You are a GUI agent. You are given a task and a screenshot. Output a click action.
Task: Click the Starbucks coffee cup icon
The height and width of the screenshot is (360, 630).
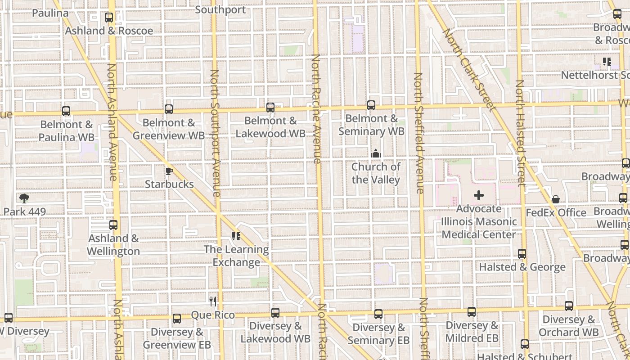coord(169,171)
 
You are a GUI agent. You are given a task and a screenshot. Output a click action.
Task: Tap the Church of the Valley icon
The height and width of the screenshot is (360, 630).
coord(376,154)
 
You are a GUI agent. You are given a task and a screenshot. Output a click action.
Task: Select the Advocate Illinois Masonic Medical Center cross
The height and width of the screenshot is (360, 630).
coord(479,196)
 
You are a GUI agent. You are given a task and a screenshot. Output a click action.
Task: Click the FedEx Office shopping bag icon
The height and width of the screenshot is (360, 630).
coord(556,199)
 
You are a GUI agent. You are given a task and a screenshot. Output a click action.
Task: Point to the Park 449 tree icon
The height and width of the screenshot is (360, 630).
coord(24,198)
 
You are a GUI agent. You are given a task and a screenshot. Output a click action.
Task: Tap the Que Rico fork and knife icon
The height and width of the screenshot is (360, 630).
coord(213,301)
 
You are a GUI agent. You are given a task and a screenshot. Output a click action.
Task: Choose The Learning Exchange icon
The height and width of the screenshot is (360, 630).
coord(236,236)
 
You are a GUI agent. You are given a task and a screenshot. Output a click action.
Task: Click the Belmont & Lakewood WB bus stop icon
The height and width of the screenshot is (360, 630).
coord(270,108)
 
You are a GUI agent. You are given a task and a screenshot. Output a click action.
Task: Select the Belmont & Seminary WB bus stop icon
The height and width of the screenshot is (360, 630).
coord(371,105)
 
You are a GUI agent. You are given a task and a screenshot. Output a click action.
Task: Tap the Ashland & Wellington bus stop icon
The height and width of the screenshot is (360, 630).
coord(113,225)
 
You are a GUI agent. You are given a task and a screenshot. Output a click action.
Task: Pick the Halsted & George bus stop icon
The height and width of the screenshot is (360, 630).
coord(522,254)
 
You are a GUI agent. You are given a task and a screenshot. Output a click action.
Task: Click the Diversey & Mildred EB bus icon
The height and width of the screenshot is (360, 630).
coord(472,312)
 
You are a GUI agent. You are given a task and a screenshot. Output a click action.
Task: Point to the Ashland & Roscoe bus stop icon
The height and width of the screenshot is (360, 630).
coord(109,18)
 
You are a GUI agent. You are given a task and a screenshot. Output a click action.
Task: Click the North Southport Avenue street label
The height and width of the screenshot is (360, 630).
coord(215,133)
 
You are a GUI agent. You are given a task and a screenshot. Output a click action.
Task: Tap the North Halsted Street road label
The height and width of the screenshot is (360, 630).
coord(520,133)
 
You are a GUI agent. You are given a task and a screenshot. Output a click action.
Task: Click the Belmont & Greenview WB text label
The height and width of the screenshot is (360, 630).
coord(169,129)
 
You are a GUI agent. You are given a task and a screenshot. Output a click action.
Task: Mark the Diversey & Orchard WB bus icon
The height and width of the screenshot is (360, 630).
coord(569,306)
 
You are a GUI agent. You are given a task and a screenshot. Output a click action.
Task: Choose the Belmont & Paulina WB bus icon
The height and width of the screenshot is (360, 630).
coord(66,111)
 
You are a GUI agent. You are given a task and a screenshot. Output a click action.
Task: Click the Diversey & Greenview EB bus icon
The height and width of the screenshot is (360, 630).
coord(177,319)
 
